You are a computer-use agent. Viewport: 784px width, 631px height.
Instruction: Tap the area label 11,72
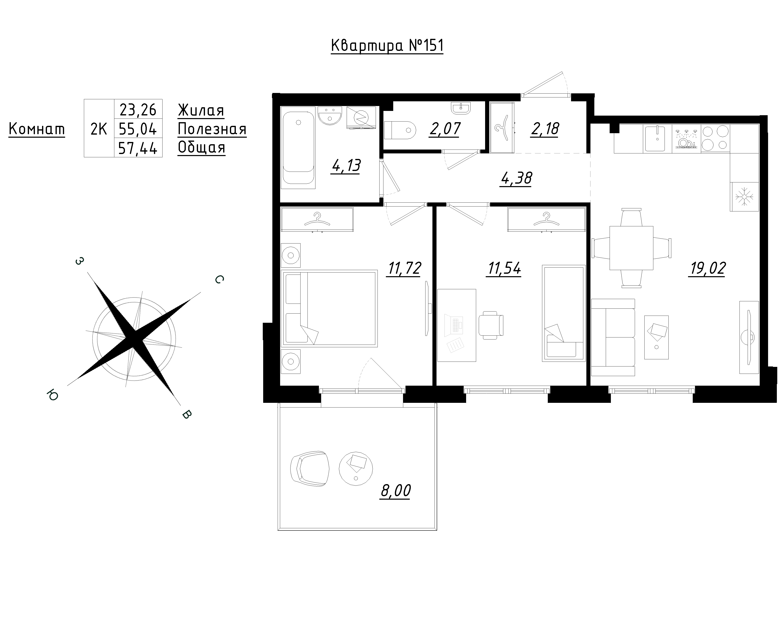404,269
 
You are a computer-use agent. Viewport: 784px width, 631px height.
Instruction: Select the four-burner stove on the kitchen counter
715,138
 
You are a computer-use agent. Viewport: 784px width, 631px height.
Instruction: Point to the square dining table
631,248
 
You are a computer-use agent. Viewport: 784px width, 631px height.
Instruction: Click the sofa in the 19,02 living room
613,337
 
